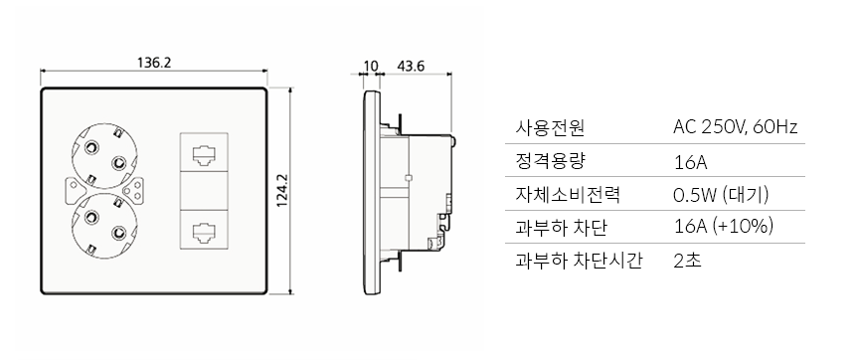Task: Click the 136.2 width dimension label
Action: (x=154, y=63)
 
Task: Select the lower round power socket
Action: (x=101, y=221)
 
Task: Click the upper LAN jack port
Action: (x=203, y=155)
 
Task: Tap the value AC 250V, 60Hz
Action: (x=736, y=128)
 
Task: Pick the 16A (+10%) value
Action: (x=723, y=227)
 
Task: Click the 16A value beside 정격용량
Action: (x=689, y=161)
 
